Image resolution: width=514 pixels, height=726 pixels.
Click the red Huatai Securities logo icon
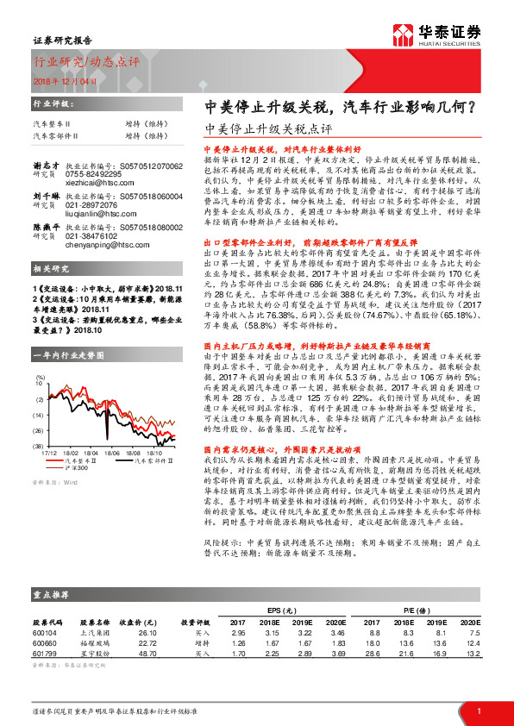tap(401, 35)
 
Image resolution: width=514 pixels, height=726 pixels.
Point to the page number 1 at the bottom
tap(479, 710)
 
